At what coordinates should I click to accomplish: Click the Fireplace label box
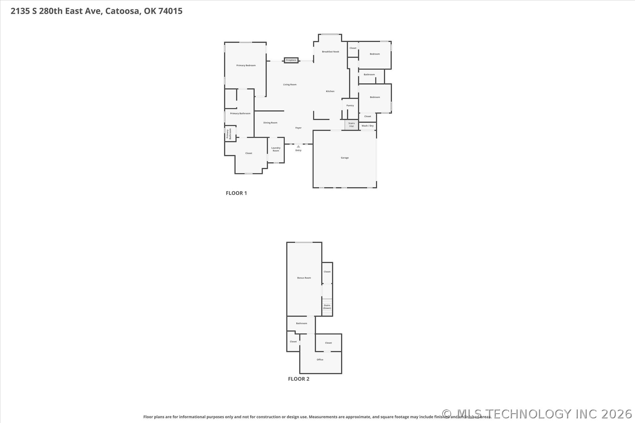point(291,60)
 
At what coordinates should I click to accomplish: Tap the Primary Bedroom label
point(246,65)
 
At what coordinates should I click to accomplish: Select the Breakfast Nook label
point(330,52)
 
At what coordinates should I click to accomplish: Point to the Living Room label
point(290,85)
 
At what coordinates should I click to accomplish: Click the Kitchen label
point(330,91)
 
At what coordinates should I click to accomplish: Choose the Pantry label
point(350,105)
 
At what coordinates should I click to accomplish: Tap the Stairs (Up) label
point(351,125)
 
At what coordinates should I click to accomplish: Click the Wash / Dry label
point(367,126)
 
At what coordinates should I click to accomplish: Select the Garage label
point(345,158)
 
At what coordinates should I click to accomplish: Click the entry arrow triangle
point(298,146)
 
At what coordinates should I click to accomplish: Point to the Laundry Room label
point(276,149)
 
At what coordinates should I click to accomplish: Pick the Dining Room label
point(270,123)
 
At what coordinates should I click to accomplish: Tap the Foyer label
point(298,128)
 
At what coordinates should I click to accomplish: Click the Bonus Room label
point(304,278)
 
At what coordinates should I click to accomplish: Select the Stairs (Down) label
point(327,307)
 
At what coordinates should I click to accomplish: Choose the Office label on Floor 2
point(320,360)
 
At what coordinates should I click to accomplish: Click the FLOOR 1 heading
point(236,193)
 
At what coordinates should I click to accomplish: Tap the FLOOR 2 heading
point(299,379)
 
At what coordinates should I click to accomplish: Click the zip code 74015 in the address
point(170,11)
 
